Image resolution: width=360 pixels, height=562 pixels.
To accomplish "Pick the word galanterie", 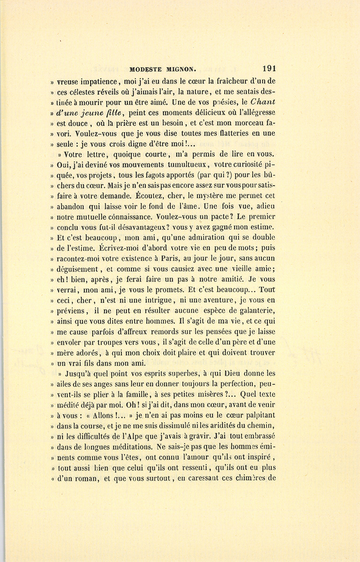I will coord(256,311).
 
